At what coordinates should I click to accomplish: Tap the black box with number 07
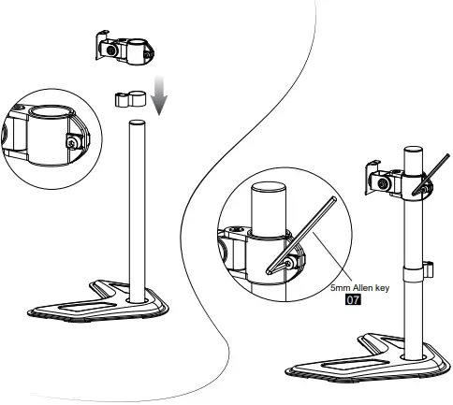point(353,301)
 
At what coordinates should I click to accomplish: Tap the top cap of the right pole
point(413,150)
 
